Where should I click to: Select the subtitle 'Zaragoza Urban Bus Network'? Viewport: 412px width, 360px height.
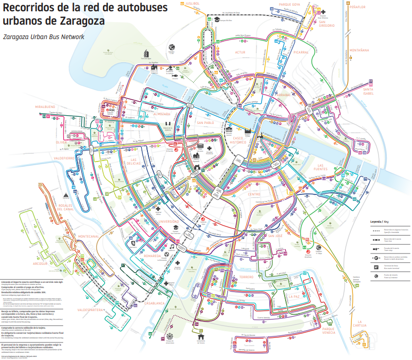(43, 37)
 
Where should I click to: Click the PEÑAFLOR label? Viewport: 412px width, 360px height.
(358, 7)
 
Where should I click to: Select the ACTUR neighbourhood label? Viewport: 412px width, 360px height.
(240, 52)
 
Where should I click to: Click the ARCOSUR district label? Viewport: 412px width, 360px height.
(40, 263)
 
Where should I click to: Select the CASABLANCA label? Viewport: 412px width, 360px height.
(154, 303)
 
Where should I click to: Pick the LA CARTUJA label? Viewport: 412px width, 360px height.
(360, 324)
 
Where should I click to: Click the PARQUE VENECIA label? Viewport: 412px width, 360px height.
(329, 331)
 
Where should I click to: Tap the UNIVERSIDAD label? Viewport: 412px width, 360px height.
(168, 221)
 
